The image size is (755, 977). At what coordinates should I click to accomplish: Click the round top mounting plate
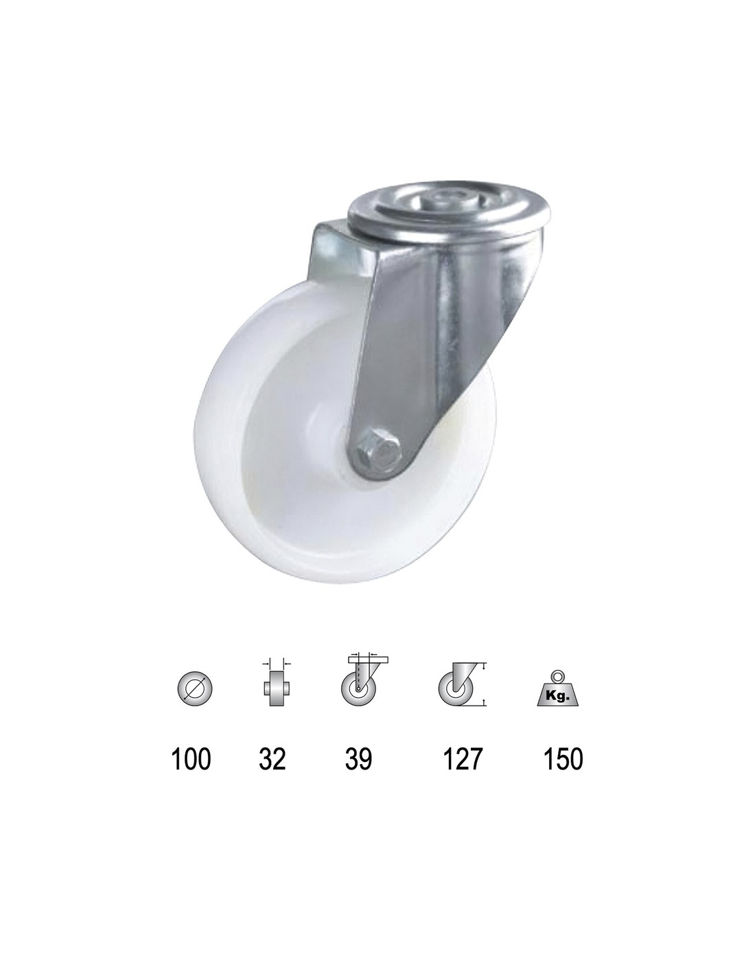448,208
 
